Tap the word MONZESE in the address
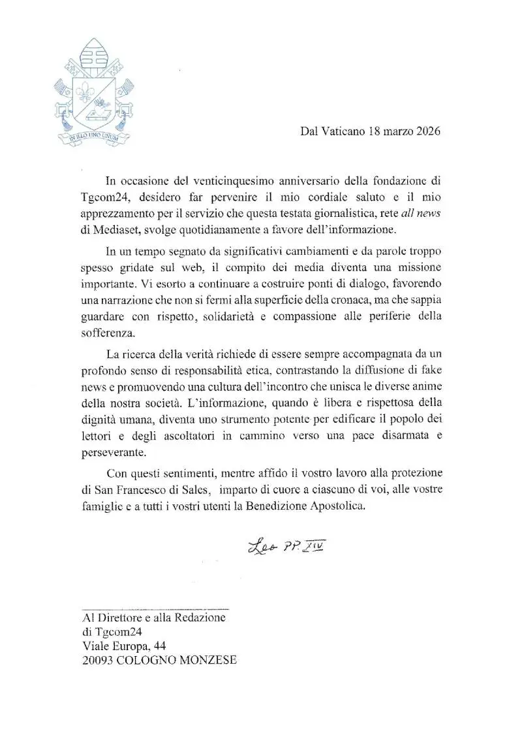click(x=207, y=661)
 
